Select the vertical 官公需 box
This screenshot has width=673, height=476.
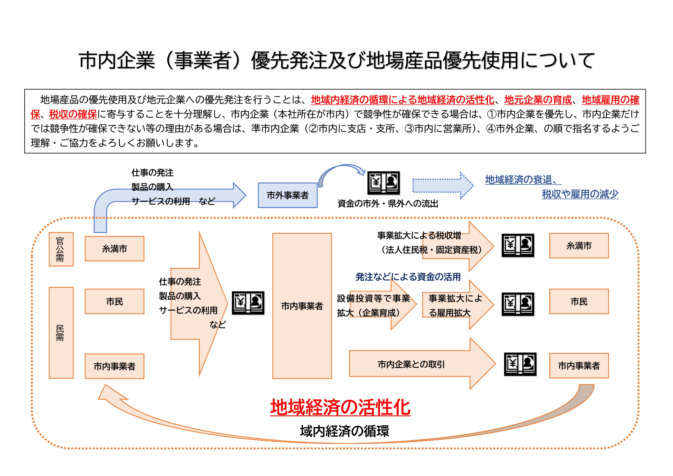click(x=61, y=249)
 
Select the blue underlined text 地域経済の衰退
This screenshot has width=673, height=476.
click(x=519, y=180)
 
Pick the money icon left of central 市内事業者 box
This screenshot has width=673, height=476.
click(x=248, y=303)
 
